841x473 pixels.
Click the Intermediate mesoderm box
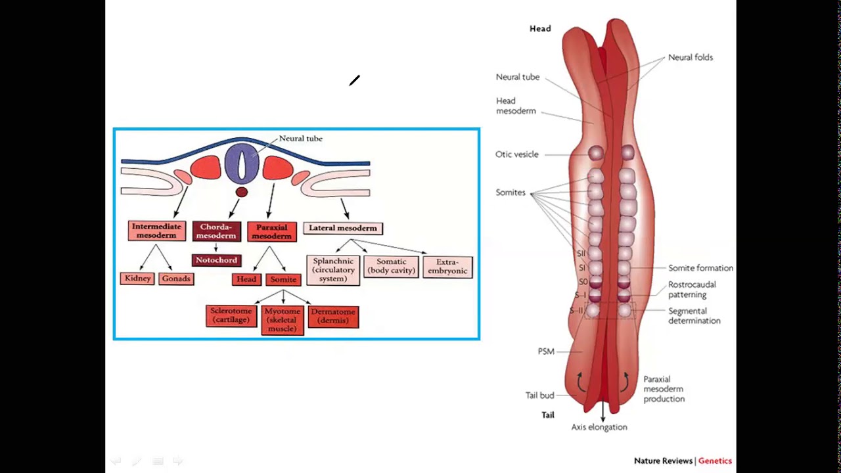click(156, 231)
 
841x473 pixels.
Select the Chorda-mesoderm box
click(216, 231)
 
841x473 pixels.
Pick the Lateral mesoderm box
click(342, 229)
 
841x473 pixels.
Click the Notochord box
click(216, 260)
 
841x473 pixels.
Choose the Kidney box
click(138, 279)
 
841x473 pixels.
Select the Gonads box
click(176, 279)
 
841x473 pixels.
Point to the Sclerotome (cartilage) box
click(231, 315)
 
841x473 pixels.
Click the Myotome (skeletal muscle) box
click(282, 320)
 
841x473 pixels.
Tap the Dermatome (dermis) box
click(333, 316)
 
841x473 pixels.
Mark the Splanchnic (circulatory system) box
click(333, 270)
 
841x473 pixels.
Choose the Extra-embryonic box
click(447, 267)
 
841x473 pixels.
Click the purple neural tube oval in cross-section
click(242, 164)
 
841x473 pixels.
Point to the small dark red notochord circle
click(242, 192)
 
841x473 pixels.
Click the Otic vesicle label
click(516, 154)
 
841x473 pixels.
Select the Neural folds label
click(690, 57)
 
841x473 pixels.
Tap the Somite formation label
click(700, 268)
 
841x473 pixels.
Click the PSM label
click(546, 351)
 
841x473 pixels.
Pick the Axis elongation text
click(599, 427)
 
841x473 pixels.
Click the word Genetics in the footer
click(715, 461)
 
